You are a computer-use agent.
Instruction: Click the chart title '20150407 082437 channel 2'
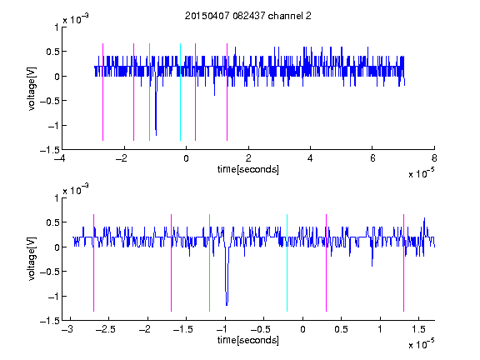pyautogui.click(x=248, y=16)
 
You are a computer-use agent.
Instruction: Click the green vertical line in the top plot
pyautogui.click(x=149, y=92)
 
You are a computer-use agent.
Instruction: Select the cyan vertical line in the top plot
pyautogui.click(x=180, y=92)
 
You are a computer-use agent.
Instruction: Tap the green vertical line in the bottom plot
pyautogui.click(x=209, y=262)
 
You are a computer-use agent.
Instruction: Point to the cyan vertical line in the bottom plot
pyautogui.click(x=287, y=262)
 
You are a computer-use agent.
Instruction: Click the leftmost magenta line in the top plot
pyautogui.click(x=102, y=92)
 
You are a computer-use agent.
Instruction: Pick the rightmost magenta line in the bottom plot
pyautogui.click(x=403, y=262)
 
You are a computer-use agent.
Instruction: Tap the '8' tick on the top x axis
pyautogui.click(x=434, y=158)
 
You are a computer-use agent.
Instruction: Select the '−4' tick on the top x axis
pyautogui.click(x=62, y=158)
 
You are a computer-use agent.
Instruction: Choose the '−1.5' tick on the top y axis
pyautogui.click(x=50, y=150)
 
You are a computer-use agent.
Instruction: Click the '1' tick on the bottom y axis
pyautogui.click(x=57, y=198)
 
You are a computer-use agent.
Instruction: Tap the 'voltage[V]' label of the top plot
pyautogui.click(x=32, y=88)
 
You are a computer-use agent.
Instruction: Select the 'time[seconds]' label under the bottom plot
pyautogui.click(x=248, y=340)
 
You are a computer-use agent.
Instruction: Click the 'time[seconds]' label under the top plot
pyautogui.click(x=248, y=169)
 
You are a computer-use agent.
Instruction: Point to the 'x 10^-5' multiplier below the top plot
pyautogui.click(x=421, y=173)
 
